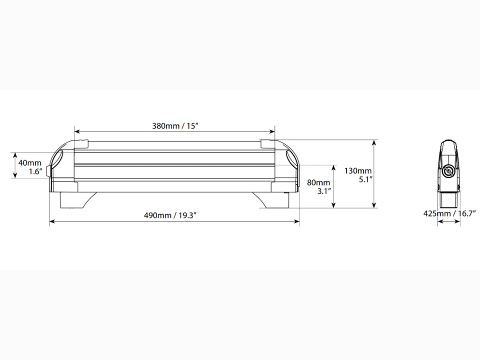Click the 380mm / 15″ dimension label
click(175, 125)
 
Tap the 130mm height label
click(358, 170)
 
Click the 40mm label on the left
click(29, 163)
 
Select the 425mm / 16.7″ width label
click(448, 213)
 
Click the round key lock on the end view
click(448, 172)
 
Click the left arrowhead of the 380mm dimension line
click(76, 132)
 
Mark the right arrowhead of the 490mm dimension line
click(297, 221)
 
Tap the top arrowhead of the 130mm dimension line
click(374, 142)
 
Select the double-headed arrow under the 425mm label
click(448, 222)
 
